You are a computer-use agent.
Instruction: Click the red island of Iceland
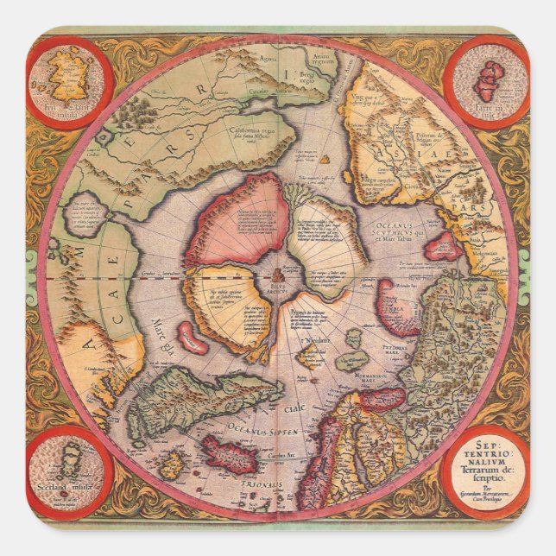tap(229, 452)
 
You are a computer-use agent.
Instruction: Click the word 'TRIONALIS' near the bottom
tap(258, 484)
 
